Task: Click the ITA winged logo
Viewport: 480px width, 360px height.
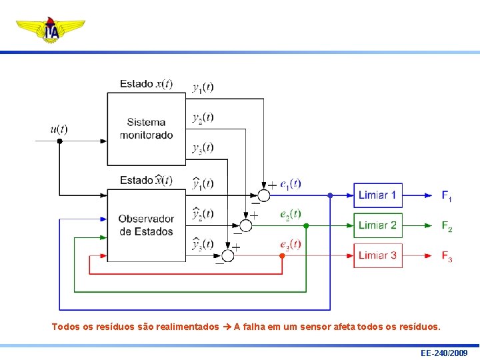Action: pos(51,29)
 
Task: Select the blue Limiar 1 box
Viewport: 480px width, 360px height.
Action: pos(377,195)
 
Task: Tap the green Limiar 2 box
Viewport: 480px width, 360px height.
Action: pos(377,225)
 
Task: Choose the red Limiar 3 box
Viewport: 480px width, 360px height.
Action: pos(377,255)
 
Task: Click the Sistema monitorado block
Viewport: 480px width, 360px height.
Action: pos(146,129)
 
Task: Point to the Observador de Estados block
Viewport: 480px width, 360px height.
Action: pos(146,225)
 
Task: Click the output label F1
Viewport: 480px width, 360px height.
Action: pos(447,196)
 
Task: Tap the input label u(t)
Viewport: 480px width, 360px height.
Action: pos(59,129)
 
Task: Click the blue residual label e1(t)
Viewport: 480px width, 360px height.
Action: pos(291,183)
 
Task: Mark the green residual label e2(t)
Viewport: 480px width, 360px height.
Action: pos(291,214)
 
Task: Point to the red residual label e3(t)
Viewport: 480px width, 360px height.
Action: pos(291,244)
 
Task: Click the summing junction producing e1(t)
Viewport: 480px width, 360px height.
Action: pos(263,195)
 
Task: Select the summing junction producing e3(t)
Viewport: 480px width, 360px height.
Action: pos(228,255)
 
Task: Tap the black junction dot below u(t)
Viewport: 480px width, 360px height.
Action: pos(59,141)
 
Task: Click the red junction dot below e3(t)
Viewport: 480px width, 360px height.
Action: pos(282,256)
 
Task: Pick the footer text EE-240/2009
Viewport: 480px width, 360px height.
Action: pos(444,353)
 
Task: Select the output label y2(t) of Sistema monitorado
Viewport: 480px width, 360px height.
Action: pos(203,118)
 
